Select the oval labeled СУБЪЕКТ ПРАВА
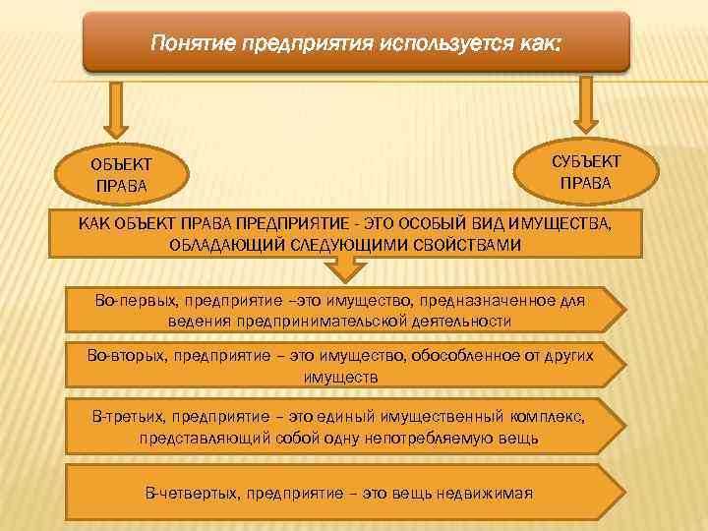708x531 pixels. point(586,170)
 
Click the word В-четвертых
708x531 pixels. point(193,492)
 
